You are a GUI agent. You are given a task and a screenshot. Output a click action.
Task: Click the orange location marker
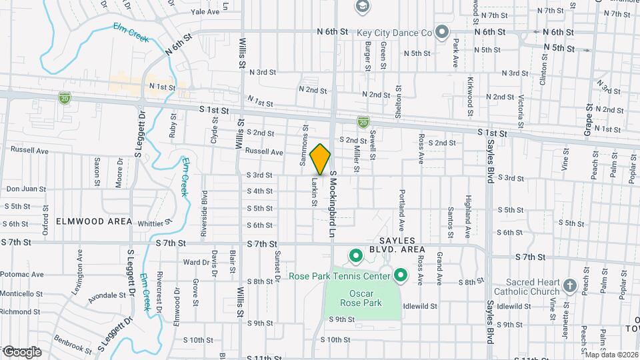(321, 159)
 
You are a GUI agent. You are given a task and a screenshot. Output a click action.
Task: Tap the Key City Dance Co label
(395, 32)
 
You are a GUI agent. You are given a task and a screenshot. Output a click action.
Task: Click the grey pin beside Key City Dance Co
(441, 32)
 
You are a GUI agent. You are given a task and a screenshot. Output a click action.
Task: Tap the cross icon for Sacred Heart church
(569, 286)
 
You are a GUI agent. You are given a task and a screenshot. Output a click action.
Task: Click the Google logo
(22, 351)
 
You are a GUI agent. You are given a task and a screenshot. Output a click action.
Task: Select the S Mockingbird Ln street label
(331, 204)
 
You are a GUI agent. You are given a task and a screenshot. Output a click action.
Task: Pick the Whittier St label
(154, 223)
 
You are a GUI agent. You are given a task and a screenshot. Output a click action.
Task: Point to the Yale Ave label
(205, 12)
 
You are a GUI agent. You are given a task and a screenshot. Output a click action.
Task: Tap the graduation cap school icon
(362, 7)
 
